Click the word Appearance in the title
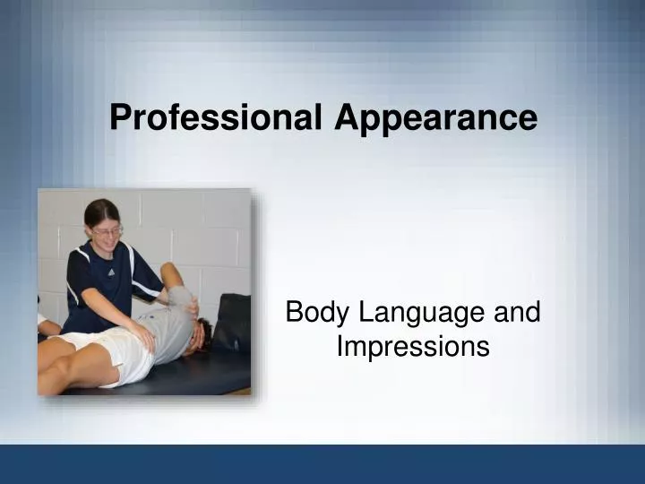coord(436,117)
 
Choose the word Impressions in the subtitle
coord(413,346)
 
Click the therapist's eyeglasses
coord(107,231)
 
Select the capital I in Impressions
coord(341,346)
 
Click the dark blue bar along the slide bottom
coord(322,463)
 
